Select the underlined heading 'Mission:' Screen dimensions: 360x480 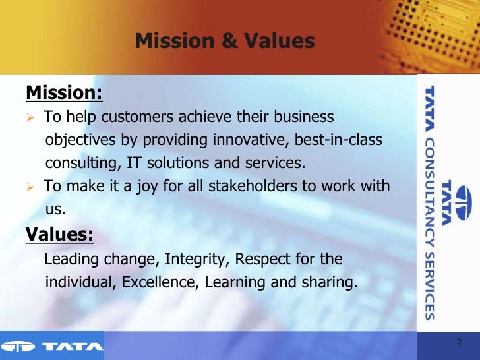pyautogui.click(x=64, y=93)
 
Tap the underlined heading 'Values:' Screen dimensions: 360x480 pyautogui.click(x=59, y=234)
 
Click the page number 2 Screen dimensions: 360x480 pyautogui.click(x=459, y=343)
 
